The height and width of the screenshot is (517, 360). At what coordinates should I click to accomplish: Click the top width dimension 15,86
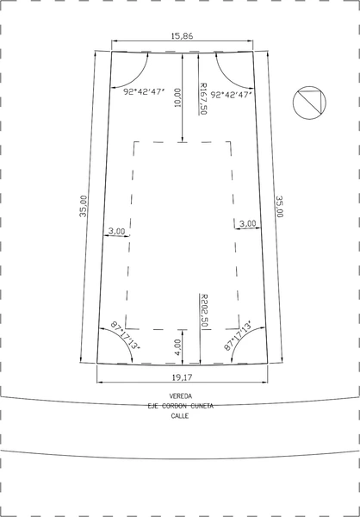point(182,36)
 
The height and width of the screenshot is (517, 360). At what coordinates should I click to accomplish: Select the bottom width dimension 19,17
point(182,377)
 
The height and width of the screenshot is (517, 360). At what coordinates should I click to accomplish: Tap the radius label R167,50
point(203,98)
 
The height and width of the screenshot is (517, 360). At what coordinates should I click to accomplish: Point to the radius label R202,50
point(205,310)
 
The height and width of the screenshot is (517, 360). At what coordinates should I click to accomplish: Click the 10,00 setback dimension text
point(177,97)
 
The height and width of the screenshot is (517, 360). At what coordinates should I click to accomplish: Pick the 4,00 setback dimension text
point(177,347)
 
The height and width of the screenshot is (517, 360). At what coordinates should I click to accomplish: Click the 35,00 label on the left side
point(84,206)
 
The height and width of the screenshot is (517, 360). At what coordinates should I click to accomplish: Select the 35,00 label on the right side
point(280,207)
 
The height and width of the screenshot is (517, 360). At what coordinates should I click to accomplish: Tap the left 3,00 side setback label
point(117,231)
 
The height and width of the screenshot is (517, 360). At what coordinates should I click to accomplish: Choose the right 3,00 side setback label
point(247,223)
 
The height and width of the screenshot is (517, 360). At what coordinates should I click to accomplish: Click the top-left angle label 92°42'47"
point(144,92)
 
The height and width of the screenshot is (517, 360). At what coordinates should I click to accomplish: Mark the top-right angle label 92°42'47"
point(232,95)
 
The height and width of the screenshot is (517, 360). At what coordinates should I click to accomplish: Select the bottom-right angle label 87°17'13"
point(238,335)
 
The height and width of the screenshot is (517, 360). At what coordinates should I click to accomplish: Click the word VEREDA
point(181,396)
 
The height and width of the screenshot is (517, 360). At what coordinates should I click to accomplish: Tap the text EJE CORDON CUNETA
point(181,406)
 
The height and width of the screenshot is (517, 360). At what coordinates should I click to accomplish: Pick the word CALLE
point(180,416)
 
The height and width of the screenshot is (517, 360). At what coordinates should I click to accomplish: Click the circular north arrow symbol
point(309,103)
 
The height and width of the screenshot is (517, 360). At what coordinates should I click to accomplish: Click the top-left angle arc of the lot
point(138,78)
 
